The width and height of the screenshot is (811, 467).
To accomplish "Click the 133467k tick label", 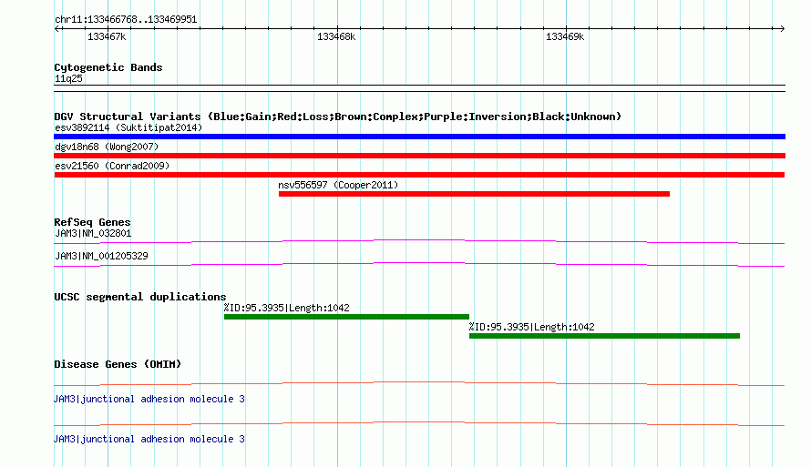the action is [x=107, y=36].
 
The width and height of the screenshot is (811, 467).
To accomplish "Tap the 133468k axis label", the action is [x=336, y=36].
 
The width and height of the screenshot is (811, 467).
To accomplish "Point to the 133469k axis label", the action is [x=565, y=36].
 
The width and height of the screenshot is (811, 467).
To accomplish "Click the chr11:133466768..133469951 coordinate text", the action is [x=126, y=19].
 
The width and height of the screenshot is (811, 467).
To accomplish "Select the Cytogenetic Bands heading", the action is [x=108, y=67].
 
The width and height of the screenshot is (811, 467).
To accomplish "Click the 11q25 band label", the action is [x=68, y=78].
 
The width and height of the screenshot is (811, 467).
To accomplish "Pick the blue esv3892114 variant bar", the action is [x=419, y=137].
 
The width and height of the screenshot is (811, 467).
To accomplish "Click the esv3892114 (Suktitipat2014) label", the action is [x=128, y=127].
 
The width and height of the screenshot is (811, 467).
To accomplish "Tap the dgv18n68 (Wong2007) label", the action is [x=107, y=147].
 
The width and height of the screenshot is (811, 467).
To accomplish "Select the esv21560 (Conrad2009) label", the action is [x=112, y=166].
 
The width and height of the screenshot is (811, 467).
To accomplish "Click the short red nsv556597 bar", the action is [x=474, y=194].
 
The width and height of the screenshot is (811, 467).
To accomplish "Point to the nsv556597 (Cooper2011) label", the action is [x=338, y=185].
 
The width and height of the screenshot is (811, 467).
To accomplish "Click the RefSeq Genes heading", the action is [x=92, y=222].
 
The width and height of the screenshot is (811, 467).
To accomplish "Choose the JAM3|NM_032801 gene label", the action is [x=93, y=233].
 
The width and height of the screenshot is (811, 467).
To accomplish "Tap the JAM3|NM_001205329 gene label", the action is [x=101, y=256].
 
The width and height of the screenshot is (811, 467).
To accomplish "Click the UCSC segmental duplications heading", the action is [x=140, y=297].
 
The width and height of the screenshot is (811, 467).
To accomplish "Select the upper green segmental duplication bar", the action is [x=346, y=317].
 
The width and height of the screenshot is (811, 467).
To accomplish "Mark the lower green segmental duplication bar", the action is [x=605, y=336].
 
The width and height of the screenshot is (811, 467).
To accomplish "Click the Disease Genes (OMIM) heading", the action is [x=118, y=364].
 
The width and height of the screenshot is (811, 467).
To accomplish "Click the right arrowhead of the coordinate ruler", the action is [x=783, y=28].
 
